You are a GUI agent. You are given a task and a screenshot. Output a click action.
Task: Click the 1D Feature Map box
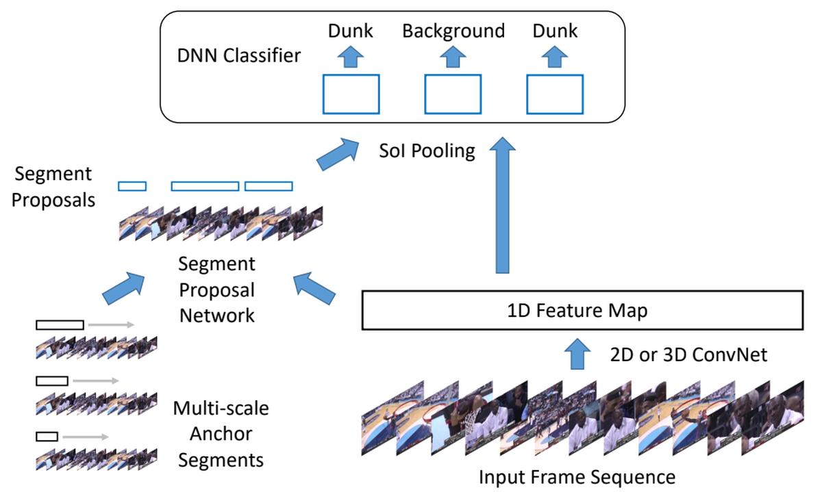(x=581, y=311)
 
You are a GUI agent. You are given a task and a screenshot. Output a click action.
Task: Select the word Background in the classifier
(x=453, y=31)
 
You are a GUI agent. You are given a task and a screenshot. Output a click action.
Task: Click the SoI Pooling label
(x=427, y=150)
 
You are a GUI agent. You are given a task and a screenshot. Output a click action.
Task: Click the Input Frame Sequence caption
(x=577, y=476)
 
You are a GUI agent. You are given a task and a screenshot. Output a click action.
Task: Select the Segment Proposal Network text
(x=216, y=289)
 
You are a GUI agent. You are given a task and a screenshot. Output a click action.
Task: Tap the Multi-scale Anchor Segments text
(x=221, y=434)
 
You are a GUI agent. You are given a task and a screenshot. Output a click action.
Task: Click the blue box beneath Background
(x=453, y=94)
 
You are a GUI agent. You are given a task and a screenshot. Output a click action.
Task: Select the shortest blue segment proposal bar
(x=132, y=185)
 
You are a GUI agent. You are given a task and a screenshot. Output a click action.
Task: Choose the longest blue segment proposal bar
(x=205, y=185)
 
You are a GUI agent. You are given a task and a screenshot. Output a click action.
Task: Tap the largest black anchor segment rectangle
(x=60, y=325)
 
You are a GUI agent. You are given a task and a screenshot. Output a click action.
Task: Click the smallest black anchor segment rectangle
(x=47, y=436)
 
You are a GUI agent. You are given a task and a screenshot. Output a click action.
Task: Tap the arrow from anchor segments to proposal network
(x=124, y=287)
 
